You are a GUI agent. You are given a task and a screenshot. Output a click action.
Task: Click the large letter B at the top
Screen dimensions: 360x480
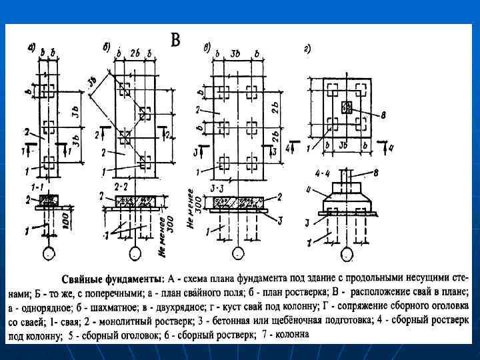pos(175,41)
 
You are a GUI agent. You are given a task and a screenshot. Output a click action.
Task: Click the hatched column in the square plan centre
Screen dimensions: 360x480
pos(346,107)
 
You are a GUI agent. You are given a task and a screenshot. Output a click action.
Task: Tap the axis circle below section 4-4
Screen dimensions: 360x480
pos(346,254)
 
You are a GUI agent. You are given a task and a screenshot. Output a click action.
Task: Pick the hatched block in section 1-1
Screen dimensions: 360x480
pos(49,199)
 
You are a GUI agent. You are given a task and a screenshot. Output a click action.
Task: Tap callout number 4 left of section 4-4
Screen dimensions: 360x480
pos(308,191)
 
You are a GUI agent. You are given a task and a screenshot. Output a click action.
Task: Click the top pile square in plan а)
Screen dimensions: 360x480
pos(48,89)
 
